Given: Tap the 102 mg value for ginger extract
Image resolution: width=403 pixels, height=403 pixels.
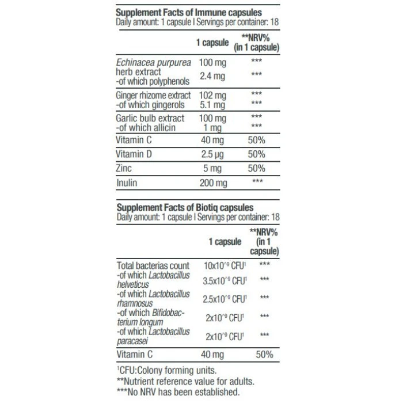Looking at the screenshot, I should [x=212, y=94].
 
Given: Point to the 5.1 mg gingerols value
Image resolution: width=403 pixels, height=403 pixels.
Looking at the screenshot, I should [x=212, y=104].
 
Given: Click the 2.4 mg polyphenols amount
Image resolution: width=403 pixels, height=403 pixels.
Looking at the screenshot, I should [x=212, y=76].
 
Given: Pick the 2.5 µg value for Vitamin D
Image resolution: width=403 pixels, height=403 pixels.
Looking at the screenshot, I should [x=212, y=155].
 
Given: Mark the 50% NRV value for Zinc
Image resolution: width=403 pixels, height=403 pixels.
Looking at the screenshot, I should [x=256, y=169].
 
